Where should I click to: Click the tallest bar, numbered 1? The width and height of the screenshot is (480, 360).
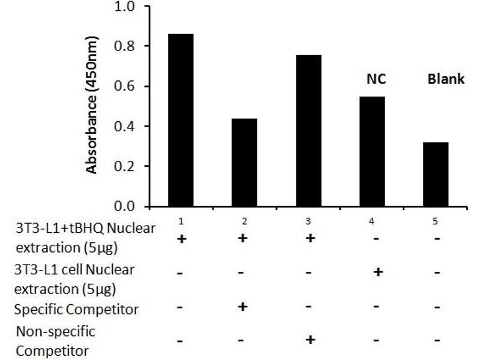coord(181,120)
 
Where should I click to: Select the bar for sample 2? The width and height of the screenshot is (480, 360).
coord(244,162)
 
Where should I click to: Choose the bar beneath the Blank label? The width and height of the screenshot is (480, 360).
coord(436,174)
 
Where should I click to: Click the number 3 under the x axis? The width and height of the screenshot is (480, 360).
coord(308,221)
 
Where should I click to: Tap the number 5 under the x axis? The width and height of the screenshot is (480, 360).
coord(436,221)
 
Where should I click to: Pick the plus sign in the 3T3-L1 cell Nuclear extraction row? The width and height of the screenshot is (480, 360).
coord(378,272)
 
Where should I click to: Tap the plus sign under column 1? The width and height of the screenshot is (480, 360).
coord(181,239)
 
